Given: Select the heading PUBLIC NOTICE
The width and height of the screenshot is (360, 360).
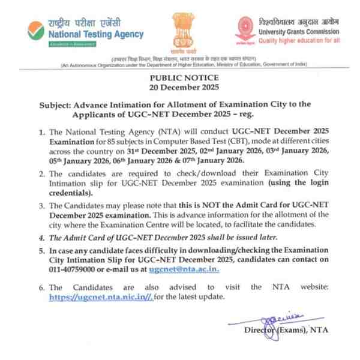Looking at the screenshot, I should [180, 79].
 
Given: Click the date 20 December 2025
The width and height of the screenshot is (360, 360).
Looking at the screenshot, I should [180, 88].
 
